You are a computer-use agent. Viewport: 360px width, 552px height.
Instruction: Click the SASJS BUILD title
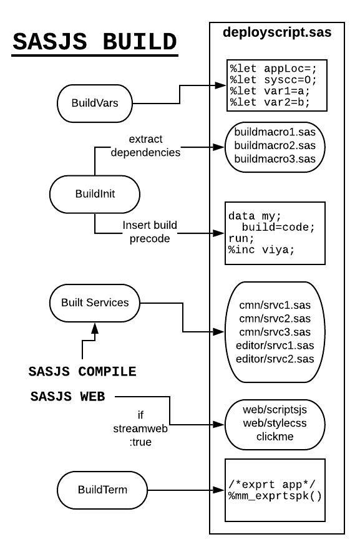click(95, 42)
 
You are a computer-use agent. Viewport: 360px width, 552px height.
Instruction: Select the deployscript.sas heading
click(277, 32)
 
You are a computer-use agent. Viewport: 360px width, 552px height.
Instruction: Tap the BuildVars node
click(95, 103)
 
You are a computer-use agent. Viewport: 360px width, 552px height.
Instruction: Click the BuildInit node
click(95, 194)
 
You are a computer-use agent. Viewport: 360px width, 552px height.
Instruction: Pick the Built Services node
click(95, 303)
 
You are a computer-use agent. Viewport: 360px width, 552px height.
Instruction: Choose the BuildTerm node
click(102, 490)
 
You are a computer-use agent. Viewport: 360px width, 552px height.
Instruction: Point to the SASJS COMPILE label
click(82, 372)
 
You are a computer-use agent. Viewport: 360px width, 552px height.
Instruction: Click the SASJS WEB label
click(67, 397)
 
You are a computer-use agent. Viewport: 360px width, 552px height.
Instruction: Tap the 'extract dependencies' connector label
click(145, 146)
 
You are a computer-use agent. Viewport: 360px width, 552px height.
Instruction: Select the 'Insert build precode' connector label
click(150, 232)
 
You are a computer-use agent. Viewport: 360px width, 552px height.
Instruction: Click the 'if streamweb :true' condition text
click(140, 429)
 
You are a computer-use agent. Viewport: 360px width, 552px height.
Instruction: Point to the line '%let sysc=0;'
click(273, 80)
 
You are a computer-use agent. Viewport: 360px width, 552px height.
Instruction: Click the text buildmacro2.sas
click(275, 145)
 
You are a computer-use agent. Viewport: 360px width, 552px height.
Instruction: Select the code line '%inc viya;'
click(261, 250)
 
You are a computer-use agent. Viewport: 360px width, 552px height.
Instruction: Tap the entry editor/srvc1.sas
click(275, 346)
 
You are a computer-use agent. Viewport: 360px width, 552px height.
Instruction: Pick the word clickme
click(275, 437)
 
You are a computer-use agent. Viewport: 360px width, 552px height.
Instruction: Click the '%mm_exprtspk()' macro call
click(275, 496)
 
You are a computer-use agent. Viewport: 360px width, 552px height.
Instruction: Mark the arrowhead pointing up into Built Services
click(95, 328)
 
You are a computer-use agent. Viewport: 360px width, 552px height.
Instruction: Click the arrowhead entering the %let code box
click(220, 85)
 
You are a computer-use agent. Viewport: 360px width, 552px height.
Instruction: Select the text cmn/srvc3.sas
click(275, 332)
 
